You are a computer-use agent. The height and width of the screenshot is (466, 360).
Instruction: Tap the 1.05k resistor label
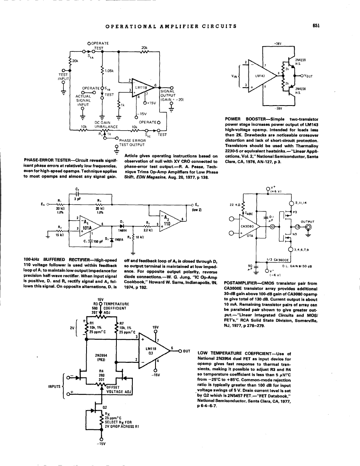pyautogui.click(x=109, y=71)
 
